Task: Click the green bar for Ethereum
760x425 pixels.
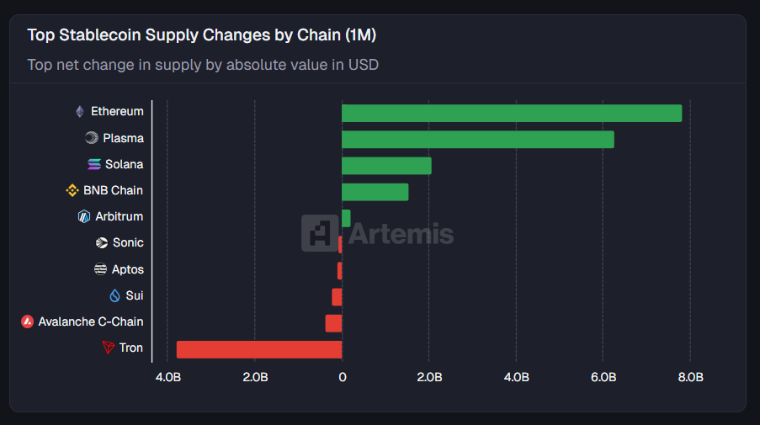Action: [512, 113]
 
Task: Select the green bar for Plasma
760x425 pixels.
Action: [477, 139]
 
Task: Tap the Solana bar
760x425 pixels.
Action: [386, 165]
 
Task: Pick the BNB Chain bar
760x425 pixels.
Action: [375, 191]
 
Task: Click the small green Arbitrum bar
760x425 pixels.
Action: [346, 218]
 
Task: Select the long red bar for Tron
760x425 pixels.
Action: [259, 349]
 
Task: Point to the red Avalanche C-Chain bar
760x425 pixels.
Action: [333, 323]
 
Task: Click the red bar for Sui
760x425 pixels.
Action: [337, 296]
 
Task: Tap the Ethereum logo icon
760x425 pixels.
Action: [80, 111]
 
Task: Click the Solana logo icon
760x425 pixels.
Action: [93, 164]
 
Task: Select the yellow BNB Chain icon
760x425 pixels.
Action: [72, 190]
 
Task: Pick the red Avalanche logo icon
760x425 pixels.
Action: [27, 321]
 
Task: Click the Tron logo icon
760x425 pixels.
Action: [108, 348]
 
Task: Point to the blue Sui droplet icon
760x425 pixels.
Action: [115, 295]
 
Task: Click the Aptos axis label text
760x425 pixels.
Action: [128, 269]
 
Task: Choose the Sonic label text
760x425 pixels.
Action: [128, 242]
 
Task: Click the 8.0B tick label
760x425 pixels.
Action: [690, 377]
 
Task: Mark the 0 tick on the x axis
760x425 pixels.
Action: [342, 377]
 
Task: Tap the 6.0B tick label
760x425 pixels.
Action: [603, 377]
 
